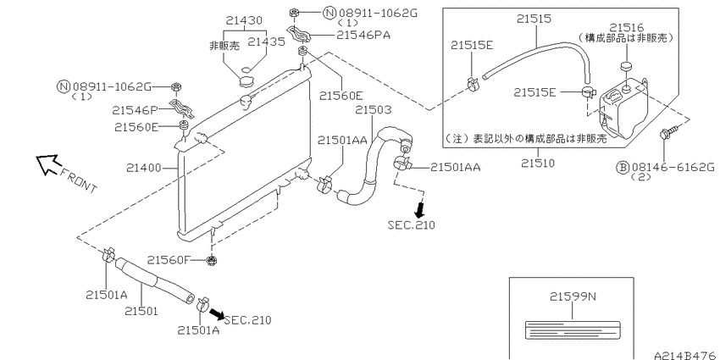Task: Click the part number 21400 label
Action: pos(144,168)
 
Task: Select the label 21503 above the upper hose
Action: pos(374,110)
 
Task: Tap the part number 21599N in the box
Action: pos(573,296)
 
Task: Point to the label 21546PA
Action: pos(363,35)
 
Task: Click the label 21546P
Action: pos(135,110)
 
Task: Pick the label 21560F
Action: pos(168,260)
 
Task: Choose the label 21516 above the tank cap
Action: pos(627,28)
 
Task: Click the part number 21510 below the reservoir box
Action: pos(538,163)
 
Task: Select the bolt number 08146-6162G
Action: pos(673,167)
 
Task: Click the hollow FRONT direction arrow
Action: pos(47,164)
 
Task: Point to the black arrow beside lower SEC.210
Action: pos(217,313)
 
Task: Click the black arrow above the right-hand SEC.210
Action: pos(419,209)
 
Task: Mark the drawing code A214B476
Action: pos(686,356)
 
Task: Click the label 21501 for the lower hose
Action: pos(141,311)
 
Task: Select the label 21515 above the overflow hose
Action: pos(534,19)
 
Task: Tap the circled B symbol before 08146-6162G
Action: pos(622,167)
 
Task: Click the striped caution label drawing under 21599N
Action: pos(573,330)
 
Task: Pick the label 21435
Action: pos(266,42)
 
